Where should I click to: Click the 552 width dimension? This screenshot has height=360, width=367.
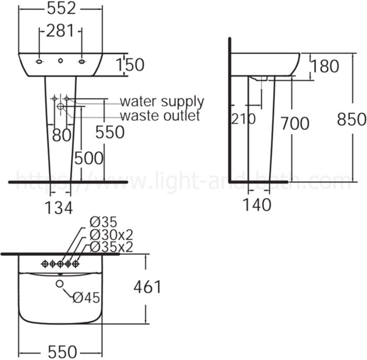coord(60,8)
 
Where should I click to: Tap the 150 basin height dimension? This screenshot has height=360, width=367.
coord(129,65)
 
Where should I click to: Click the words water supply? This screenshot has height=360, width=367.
coord(161,101)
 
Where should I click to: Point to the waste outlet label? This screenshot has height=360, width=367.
coord(160,115)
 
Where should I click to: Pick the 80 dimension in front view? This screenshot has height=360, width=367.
coord(62,135)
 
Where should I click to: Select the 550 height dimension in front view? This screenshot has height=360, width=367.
coord(110,132)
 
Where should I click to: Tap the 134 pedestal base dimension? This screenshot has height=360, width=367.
coord(58,208)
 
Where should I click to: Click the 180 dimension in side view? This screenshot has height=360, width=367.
coord(325,66)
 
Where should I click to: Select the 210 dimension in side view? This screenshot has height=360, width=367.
coord(243,119)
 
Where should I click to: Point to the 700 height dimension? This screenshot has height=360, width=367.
coord(295,123)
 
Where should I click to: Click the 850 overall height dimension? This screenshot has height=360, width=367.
coord(351,120)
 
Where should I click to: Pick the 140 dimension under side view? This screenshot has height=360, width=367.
coord(257,205)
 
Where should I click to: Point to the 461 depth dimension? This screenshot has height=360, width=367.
coord(147,287)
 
